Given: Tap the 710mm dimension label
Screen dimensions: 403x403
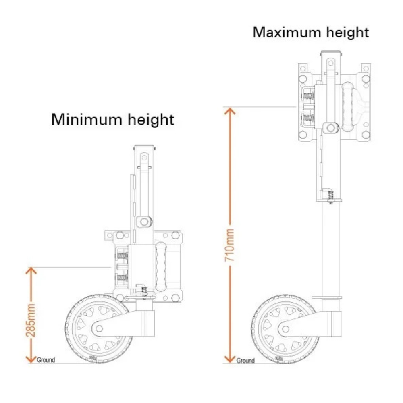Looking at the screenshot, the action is click(x=230, y=245).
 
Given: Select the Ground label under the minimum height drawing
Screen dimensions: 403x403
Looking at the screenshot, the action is click(x=46, y=360).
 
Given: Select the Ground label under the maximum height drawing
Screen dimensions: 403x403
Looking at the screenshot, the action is click(x=245, y=360).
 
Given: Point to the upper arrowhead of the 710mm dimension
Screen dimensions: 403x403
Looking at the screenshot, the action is click(x=230, y=111).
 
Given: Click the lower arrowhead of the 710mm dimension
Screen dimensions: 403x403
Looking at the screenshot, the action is click(x=230, y=359).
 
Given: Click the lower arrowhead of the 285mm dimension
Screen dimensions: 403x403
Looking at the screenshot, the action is click(x=31, y=359).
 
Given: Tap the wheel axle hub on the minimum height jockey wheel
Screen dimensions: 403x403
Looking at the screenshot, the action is click(x=99, y=328).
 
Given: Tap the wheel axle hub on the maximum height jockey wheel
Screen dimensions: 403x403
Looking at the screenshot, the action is click(x=285, y=329).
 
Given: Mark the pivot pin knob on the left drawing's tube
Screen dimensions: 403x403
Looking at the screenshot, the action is click(x=144, y=222).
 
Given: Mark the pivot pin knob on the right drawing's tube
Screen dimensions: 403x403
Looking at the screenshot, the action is click(x=330, y=127).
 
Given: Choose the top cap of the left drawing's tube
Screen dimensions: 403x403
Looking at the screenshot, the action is click(x=144, y=147).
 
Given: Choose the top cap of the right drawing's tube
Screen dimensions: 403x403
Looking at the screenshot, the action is click(x=331, y=53).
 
